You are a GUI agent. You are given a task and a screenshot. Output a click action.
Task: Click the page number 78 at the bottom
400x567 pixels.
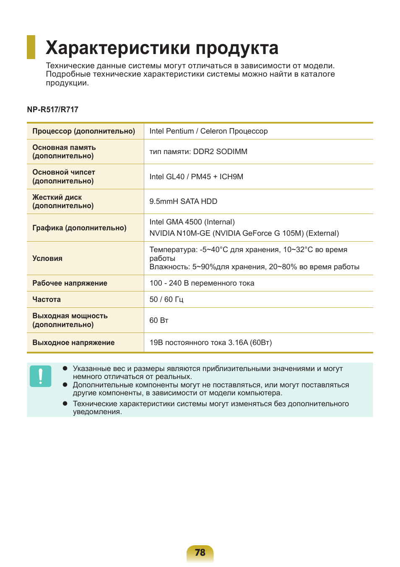click(200, 552)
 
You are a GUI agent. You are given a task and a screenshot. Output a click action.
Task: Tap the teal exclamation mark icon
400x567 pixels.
click(40, 376)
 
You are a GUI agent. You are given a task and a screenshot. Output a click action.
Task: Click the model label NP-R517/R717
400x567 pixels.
click(52, 110)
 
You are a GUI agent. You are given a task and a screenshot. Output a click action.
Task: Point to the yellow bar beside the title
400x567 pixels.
click(31, 47)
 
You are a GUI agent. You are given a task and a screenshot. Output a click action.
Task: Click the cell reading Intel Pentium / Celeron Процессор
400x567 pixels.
click(208, 131)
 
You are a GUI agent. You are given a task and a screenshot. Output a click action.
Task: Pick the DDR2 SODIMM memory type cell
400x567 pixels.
click(198, 152)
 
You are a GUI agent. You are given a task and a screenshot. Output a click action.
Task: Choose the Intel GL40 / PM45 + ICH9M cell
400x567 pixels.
click(196, 177)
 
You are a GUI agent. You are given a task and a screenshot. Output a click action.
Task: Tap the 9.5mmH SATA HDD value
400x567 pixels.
click(183, 201)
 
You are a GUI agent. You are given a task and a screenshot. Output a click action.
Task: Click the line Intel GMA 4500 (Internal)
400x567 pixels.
click(192, 222)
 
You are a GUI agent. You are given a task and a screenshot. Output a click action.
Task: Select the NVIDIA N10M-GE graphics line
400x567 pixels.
click(244, 233)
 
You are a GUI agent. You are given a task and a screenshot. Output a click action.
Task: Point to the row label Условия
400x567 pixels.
click(47, 258)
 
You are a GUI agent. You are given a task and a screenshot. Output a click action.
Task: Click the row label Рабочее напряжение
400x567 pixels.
click(70, 283)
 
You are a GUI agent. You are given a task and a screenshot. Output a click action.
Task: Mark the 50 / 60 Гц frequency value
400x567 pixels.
click(166, 299)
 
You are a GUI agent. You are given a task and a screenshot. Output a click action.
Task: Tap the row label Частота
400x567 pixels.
click(47, 299)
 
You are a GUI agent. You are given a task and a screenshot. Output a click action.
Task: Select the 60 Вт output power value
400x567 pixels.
click(159, 320)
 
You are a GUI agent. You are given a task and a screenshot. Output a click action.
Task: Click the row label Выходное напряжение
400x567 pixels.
click(73, 343)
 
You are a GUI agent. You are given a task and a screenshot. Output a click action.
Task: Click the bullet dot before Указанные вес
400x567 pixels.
click(65, 369)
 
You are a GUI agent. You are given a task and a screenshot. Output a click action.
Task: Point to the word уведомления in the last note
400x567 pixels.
click(97, 412)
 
